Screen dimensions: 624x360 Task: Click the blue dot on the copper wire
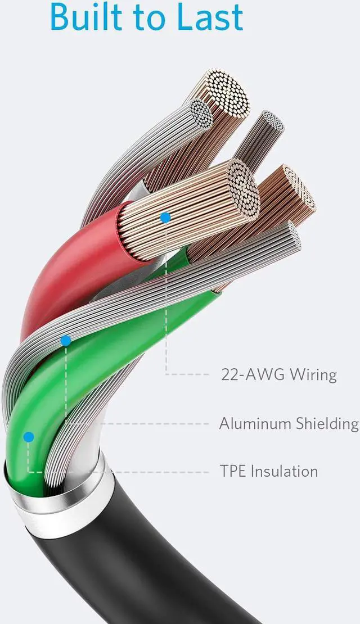[165, 217]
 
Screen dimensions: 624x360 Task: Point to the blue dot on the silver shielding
[66, 340]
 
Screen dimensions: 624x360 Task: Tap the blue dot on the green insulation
[29, 437]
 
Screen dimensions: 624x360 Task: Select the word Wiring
[313, 374]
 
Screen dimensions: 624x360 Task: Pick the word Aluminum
[254, 423]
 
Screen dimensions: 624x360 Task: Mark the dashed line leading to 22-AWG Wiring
[191, 374]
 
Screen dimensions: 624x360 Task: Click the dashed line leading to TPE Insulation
[141, 471]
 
